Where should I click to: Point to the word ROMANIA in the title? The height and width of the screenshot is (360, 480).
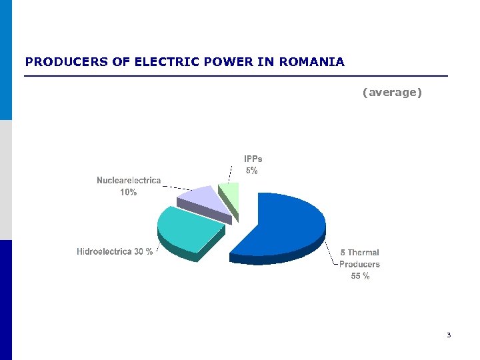click(x=312, y=62)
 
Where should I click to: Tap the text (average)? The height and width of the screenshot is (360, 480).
click(x=392, y=92)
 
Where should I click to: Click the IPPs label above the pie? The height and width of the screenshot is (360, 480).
click(x=253, y=159)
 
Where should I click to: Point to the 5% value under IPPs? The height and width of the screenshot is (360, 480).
click(x=251, y=171)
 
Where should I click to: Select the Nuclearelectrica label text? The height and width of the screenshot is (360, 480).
click(x=129, y=181)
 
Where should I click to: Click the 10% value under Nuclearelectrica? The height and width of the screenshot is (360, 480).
click(x=129, y=193)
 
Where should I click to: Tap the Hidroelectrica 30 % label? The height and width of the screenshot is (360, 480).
click(x=115, y=252)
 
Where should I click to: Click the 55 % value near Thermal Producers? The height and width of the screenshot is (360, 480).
click(x=360, y=276)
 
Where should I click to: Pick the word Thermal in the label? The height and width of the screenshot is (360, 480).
click(x=364, y=253)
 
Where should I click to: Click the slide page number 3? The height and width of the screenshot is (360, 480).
click(x=449, y=335)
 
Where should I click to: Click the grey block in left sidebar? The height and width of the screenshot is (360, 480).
click(x=6, y=180)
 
